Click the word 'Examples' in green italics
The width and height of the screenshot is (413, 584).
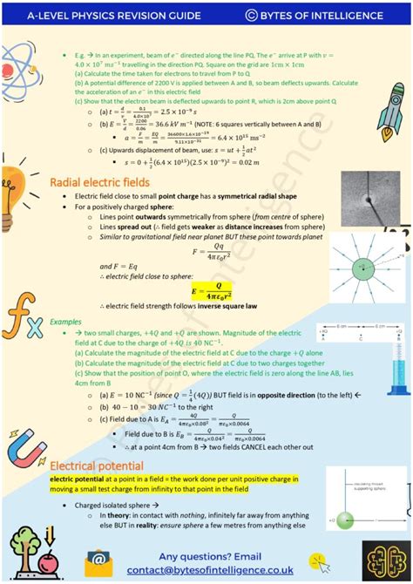64,322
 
